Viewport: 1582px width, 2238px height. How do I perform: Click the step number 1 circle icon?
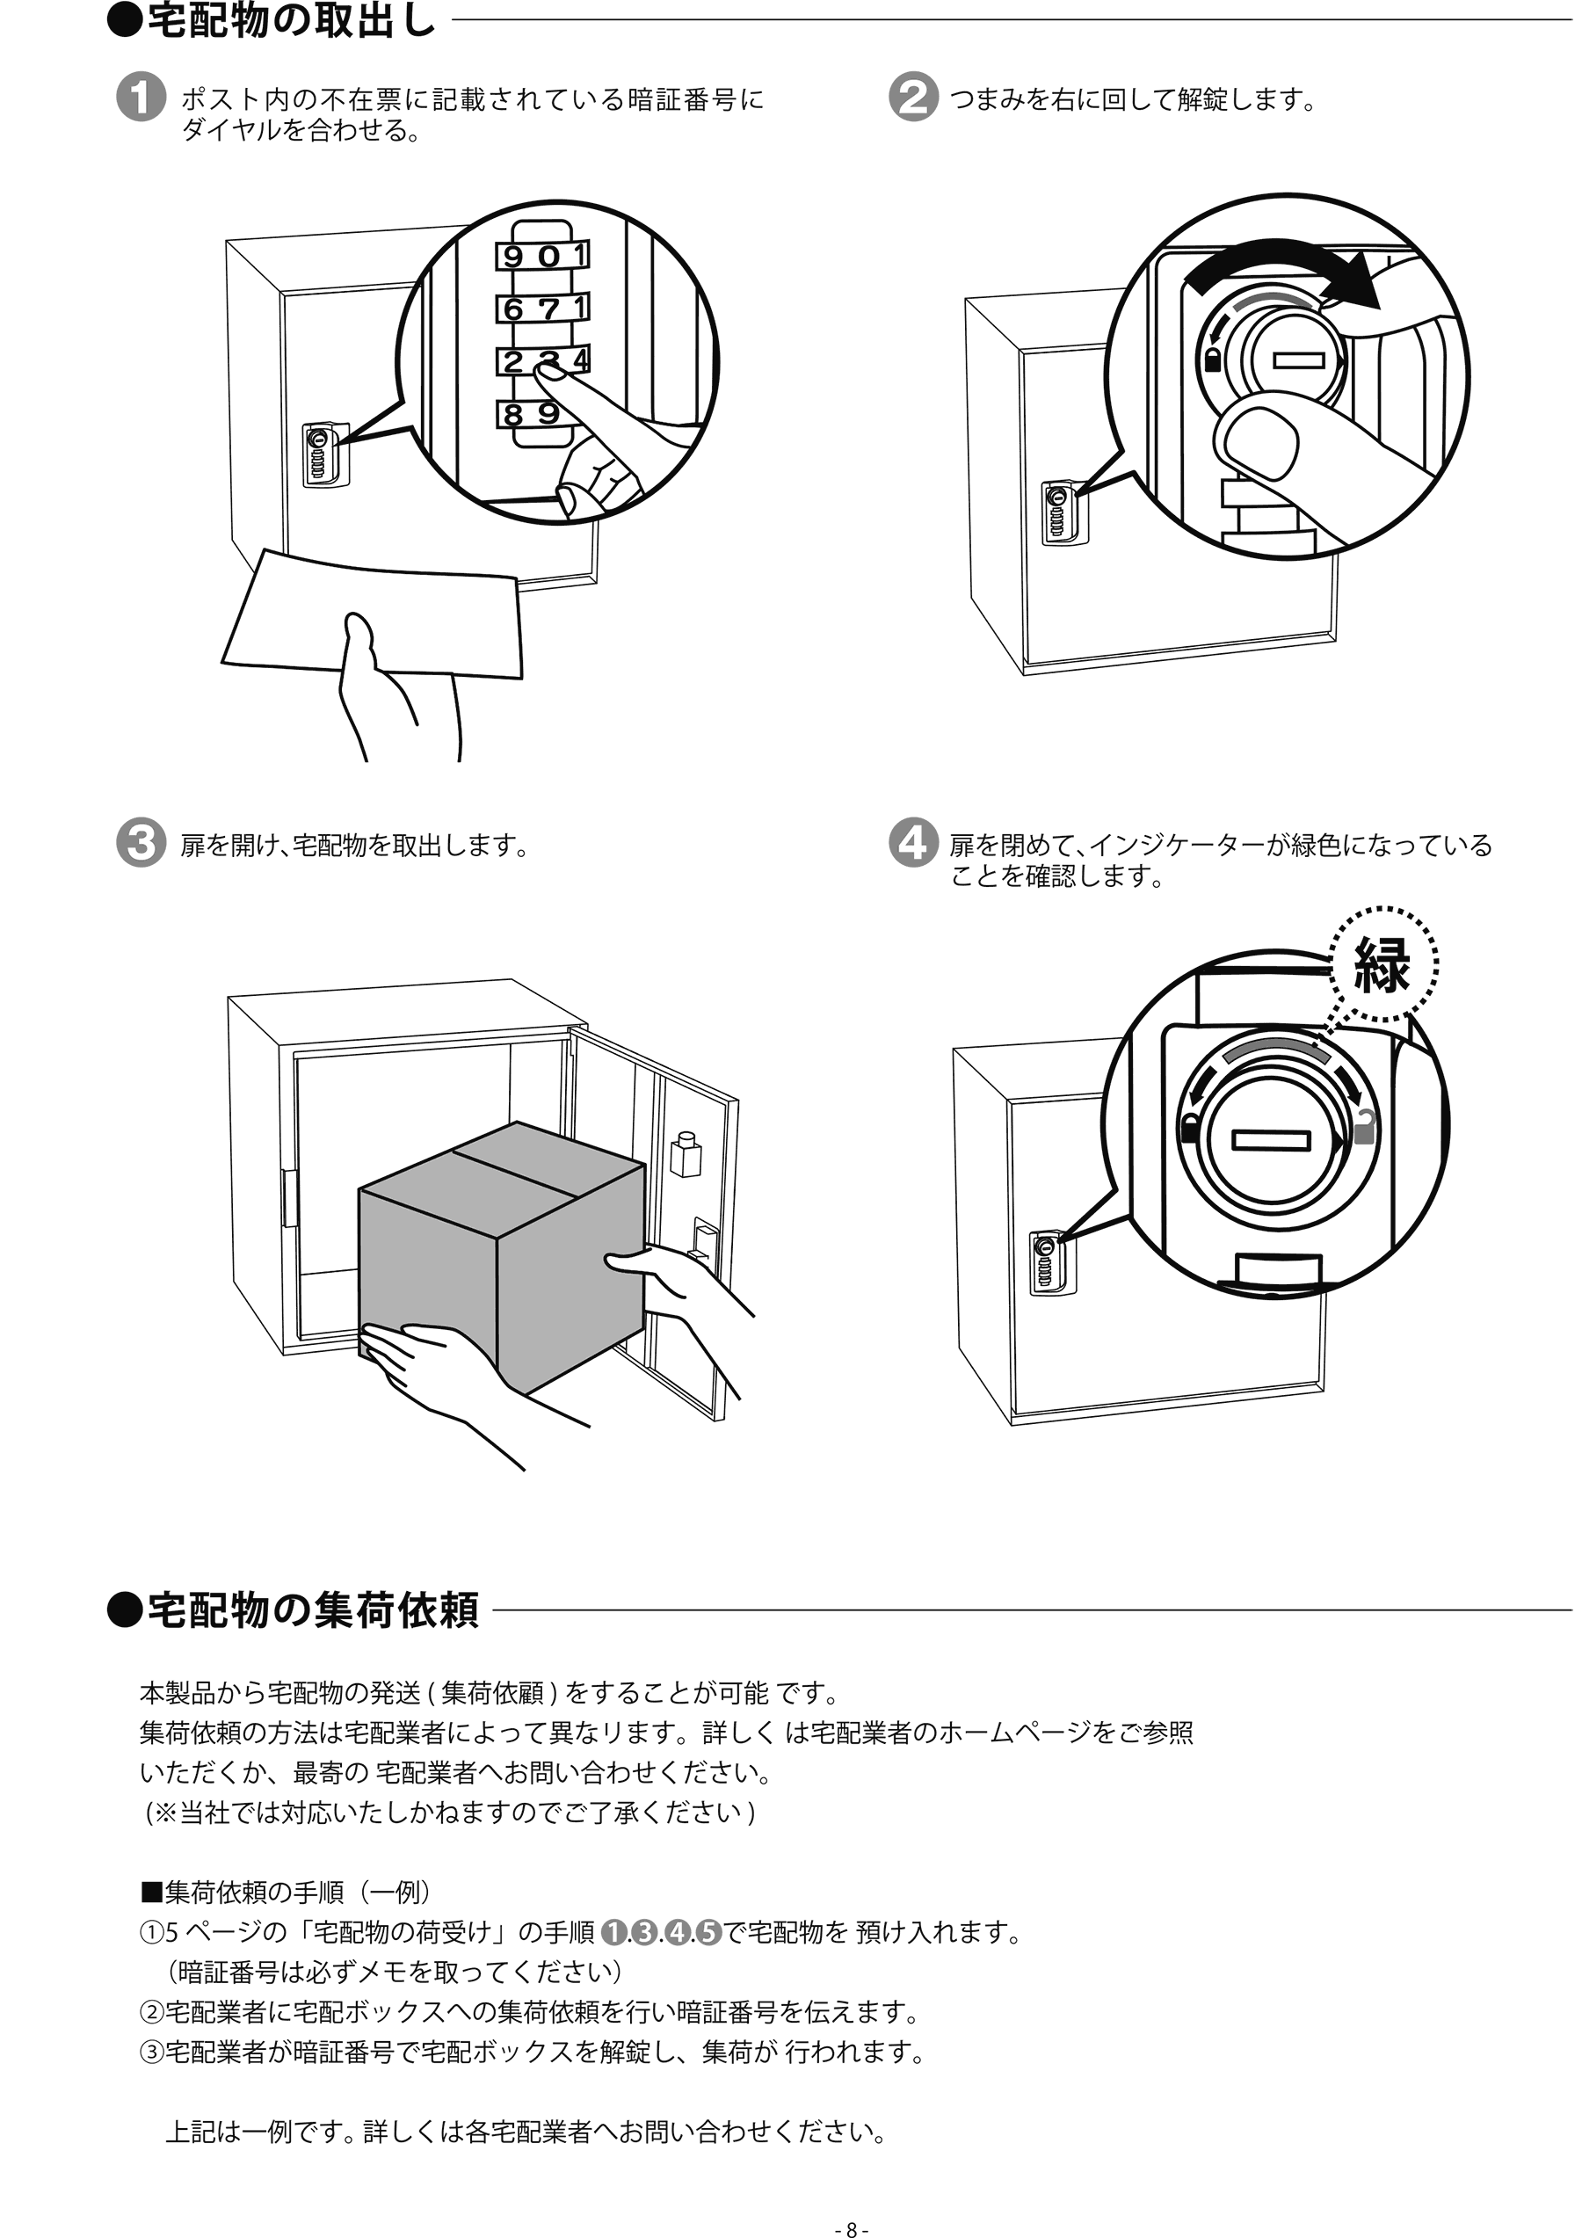click(141, 98)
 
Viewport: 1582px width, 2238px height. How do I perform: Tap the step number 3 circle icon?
click(141, 842)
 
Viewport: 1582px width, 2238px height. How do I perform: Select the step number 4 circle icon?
click(913, 842)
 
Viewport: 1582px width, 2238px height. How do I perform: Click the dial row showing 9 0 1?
click(544, 257)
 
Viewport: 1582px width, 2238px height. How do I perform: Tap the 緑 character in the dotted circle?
click(1383, 965)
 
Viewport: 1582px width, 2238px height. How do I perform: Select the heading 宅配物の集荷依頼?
click(312, 1610)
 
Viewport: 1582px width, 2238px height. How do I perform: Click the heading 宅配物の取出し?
click(290, 19)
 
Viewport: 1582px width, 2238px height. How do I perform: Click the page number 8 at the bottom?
click(851, 2228)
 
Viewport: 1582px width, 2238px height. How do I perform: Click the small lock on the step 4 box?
click(1052, 1263)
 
